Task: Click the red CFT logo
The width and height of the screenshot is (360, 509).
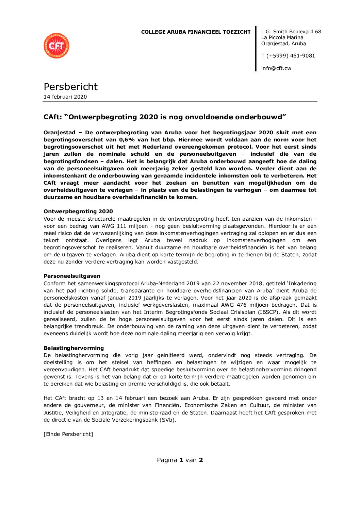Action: (x=56, y=46)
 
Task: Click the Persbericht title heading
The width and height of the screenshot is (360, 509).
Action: (x=70, y=87)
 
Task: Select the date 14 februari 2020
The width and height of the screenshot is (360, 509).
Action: (x=65, y=97)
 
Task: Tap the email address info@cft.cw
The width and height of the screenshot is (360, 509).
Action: (x=276, y=68)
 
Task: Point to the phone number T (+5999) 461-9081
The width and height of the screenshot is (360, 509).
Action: (x=288, y=56)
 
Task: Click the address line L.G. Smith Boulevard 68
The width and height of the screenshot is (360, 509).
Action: (x=291, y=32)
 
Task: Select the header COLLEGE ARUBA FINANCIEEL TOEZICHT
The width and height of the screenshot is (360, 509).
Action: (x=196, y=32)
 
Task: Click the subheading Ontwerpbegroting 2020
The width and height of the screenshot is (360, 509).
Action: (x=78, y=211)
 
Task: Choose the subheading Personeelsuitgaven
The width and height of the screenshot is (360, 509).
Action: (x=72, y=276)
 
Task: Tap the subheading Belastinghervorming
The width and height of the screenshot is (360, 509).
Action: (x=73, y=348)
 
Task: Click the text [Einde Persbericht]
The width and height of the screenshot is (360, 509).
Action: (x=68, y=434)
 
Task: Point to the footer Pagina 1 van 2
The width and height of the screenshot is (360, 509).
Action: (x=180, y=460)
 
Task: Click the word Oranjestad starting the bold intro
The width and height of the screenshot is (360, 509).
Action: (x=59, y=133)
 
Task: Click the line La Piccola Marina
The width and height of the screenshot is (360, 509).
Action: (x=282, y=38)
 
